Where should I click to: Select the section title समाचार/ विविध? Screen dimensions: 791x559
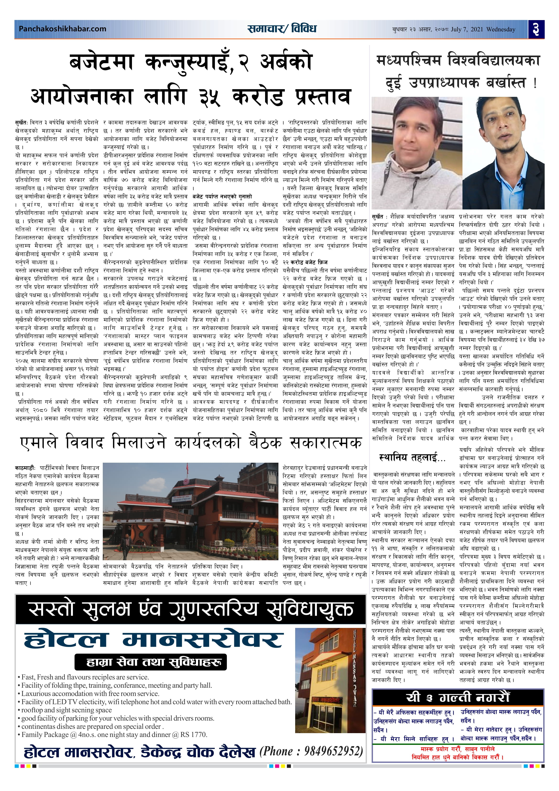282,29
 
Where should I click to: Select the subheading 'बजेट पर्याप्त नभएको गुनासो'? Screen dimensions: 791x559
222,196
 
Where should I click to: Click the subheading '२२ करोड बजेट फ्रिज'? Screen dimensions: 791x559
305,262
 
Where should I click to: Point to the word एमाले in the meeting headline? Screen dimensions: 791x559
38,443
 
